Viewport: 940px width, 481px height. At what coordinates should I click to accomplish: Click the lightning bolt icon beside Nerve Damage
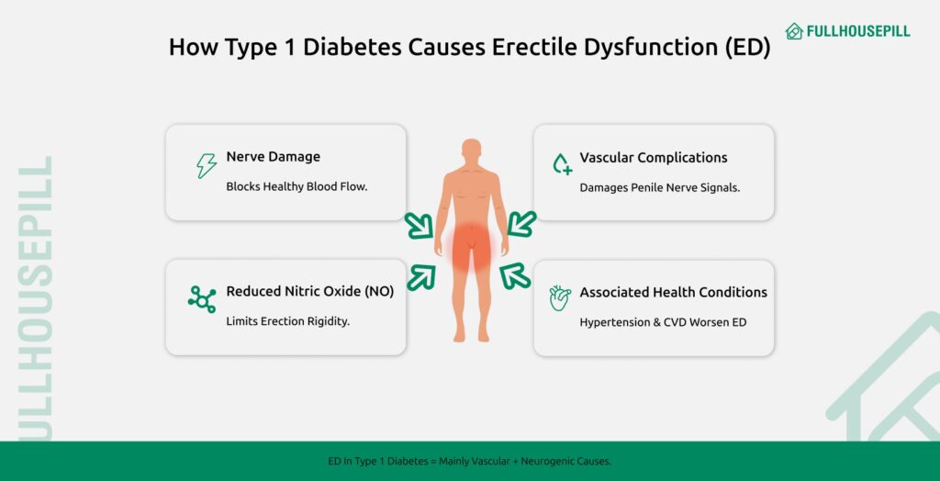pyautogui.click(x=207, y=166)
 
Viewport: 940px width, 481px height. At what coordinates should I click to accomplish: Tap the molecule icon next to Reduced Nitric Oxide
pyautogui.click(x=202, y=299)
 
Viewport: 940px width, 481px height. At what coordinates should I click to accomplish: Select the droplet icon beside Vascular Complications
pyautogui.click(x=561, y=164)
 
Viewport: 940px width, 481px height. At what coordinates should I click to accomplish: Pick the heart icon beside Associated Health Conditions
pyautogui.click(x=560, y=298)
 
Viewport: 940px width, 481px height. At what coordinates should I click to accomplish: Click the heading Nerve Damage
pyautogui.click(x=273, y=157)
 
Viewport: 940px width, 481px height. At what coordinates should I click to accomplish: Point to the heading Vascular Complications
pyautogui.click(x=653, y=157)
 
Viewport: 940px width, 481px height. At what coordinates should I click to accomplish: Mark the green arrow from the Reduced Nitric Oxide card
pyautogui.click(x=420, y=276)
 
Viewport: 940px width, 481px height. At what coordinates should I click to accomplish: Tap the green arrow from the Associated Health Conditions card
pyautogui.click(x=516, y=276)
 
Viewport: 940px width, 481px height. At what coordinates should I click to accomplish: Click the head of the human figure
pyautogui.click(x=471, y=153)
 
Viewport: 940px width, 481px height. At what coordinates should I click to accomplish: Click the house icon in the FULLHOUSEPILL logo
pyautogui.click(x=794, y=31)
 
